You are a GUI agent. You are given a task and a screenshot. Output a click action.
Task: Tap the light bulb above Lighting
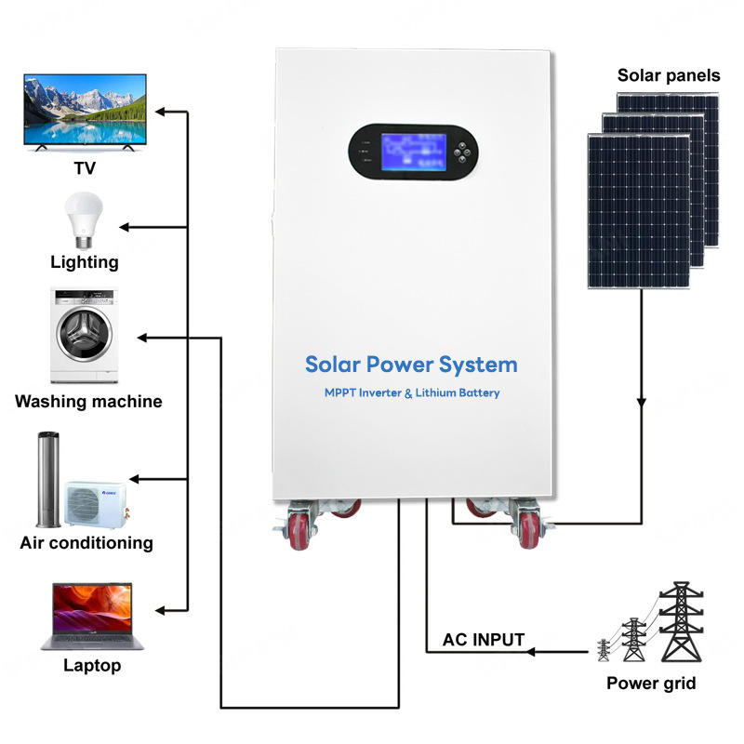(x=84, y=220)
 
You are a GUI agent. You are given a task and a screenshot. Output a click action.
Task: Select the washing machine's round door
(x=85, y=334)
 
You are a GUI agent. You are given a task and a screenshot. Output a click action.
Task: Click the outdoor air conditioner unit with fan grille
(x=97, y=504)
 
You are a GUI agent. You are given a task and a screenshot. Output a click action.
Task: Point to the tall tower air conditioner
(x=48, y=479)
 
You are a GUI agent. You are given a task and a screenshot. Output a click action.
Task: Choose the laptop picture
(x=92, y=616)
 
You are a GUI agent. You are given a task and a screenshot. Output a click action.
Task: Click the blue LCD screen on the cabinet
(x=413, y=152)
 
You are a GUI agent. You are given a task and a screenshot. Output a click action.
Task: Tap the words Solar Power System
(x=411, y=365)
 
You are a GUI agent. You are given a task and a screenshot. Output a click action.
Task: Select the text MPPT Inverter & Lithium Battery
(x=412, y=392)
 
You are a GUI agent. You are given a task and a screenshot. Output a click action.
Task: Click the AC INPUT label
(x=484, y=640)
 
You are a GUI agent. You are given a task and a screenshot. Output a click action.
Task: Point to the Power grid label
(x=651, y=684)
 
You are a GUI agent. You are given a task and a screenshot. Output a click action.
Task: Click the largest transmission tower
(x=682, y=621)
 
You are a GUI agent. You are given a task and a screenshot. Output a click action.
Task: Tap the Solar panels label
(x=669, y=75)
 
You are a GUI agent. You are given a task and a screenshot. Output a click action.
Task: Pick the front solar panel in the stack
(x=639, y=211)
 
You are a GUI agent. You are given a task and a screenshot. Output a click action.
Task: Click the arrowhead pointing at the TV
(x=160, y=112)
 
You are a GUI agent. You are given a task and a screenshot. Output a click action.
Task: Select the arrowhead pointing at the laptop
(x=160, y=611)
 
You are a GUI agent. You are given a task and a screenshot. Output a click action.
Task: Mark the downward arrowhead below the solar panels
(x=642, y=403)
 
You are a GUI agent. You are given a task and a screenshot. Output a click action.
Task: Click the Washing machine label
(x=88, y=402)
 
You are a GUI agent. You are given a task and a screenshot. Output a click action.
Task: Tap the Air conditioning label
(x=86, y=543)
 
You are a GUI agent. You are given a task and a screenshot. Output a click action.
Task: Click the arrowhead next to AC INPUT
(x=531, y=652)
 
